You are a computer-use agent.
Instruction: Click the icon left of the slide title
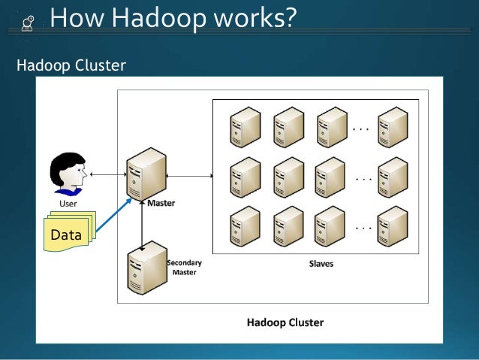pos(26,22)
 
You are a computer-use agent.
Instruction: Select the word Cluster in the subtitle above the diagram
pos(100,67)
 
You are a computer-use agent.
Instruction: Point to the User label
pos(68,203)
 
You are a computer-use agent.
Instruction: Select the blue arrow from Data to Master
pos(116,219)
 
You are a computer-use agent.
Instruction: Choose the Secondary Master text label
pos(184,268)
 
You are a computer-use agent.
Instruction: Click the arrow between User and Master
pos(107,174)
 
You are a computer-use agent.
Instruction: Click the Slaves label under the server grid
pos(321,265)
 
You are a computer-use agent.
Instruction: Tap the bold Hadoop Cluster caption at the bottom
pos(285,323)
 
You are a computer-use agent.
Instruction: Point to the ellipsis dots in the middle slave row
pos(363,180)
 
